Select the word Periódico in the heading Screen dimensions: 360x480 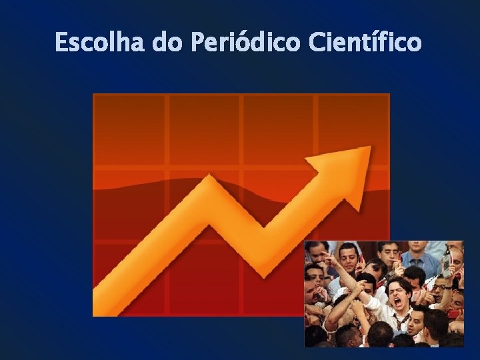[247, 43]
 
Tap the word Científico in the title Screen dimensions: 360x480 [366, 43]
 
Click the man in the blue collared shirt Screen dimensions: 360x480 [419, 260]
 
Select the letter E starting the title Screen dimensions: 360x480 [61, 43]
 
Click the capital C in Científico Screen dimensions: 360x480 [317, 43]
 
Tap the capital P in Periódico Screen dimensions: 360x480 [198, 43]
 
